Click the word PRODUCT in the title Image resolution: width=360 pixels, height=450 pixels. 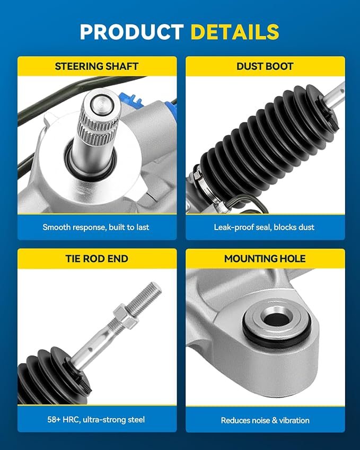132,32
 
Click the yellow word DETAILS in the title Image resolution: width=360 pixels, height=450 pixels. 235,32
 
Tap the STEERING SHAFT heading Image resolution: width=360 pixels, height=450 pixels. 96,66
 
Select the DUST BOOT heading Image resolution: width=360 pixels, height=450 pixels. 265,66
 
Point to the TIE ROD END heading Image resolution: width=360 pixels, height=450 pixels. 96,259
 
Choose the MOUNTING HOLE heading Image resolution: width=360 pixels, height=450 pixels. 265,259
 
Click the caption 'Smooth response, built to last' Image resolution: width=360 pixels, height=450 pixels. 96,227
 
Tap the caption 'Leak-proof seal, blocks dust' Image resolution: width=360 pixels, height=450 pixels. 264,227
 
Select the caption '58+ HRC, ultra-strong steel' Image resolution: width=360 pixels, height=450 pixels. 96,420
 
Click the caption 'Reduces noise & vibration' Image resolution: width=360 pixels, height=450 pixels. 265,420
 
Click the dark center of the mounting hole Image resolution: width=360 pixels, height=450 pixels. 277,319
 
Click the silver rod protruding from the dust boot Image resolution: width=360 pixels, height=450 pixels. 335,95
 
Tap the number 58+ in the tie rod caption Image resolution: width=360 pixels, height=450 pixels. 54,420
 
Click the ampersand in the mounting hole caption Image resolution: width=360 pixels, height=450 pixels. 275,420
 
